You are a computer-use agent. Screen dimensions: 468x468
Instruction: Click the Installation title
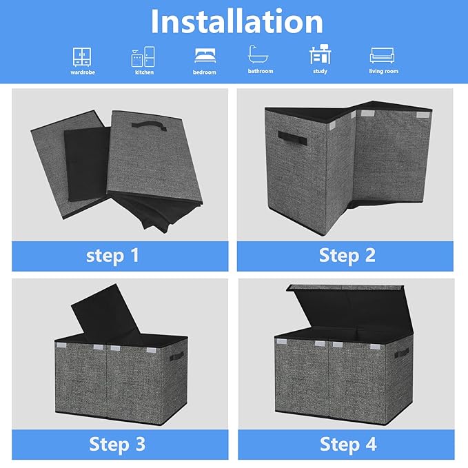tap(236, 21)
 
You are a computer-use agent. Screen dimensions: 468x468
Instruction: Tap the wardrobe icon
tap(82, 57)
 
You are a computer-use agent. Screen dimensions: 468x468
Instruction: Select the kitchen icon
tap(143, 57)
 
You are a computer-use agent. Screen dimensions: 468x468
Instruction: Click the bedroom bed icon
tap(205, 56)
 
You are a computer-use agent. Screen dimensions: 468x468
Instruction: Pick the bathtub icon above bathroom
tap(258, 54)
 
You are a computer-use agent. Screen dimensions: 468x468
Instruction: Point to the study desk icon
tap(321, 54)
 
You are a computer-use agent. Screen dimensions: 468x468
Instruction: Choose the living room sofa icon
tap(382, 55)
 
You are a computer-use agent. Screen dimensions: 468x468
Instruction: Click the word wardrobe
tap(83, 72)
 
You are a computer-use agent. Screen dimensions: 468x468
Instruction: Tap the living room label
tap(383, 71)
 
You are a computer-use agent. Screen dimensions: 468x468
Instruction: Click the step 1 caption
tap(112, 256)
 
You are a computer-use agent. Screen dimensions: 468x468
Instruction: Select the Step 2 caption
tap(347, 256)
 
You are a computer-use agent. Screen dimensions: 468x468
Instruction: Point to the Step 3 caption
tap(117, 444)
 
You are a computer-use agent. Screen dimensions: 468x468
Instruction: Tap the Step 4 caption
tap(348, 444)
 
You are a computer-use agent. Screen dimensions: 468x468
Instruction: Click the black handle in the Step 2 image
tap(292, 138)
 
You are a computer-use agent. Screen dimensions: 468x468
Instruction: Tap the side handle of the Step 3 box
tap(176, 356)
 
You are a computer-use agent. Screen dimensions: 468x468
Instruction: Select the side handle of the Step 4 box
tap(401, 353)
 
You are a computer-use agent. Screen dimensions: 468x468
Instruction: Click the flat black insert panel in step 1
tap(87, 163)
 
